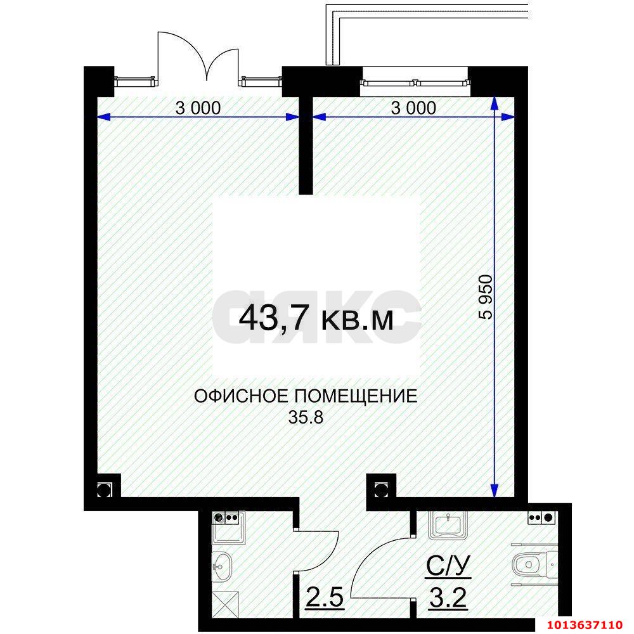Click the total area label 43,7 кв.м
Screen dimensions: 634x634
click(316, 319)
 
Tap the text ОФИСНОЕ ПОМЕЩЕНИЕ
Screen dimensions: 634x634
click(306, 397)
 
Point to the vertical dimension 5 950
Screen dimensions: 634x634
click(485, 298)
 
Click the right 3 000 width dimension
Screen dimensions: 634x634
click(413, 108)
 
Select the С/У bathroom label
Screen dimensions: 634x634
click(447, 566)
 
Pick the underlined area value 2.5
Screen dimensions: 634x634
click(325, 597)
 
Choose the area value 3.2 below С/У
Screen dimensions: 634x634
click(447, 597)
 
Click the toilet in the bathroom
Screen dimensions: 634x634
click(529, 563)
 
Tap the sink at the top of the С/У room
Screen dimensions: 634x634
click(449, 526)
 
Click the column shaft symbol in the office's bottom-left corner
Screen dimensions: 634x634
click(103, 489)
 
